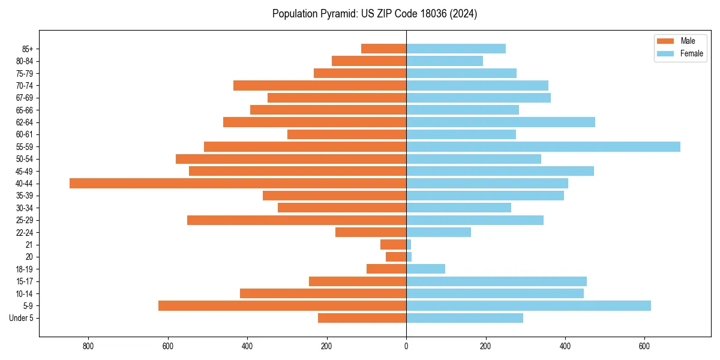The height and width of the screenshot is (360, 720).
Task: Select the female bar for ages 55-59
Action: click(x=543, y=147)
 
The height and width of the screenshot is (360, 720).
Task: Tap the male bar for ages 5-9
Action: click(x=282, y=306)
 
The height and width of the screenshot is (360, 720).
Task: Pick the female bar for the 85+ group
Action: click(x=456, y=49)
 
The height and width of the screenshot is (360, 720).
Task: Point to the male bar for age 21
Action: click(x=393, y=245)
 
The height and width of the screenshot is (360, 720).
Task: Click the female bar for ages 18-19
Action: click(x=425, y=269)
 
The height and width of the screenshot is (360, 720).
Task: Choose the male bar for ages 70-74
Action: click(x=320, y=86)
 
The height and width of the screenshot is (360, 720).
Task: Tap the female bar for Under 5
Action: click(x=464, y=318)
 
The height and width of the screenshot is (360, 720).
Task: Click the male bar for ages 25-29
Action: click(x=296, y=220)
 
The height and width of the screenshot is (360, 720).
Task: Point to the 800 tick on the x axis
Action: click(x=88, y=346)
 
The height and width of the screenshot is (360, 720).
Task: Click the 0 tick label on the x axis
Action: click(x=406, y=346)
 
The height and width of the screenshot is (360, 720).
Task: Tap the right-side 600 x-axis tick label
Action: click(x=644, y=346)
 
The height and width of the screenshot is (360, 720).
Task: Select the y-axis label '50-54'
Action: click(x=25, y=159)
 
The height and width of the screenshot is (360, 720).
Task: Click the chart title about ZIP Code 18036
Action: click(x=374, y=14)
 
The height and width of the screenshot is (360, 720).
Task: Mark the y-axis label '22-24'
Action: click(x=25, y=233)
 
